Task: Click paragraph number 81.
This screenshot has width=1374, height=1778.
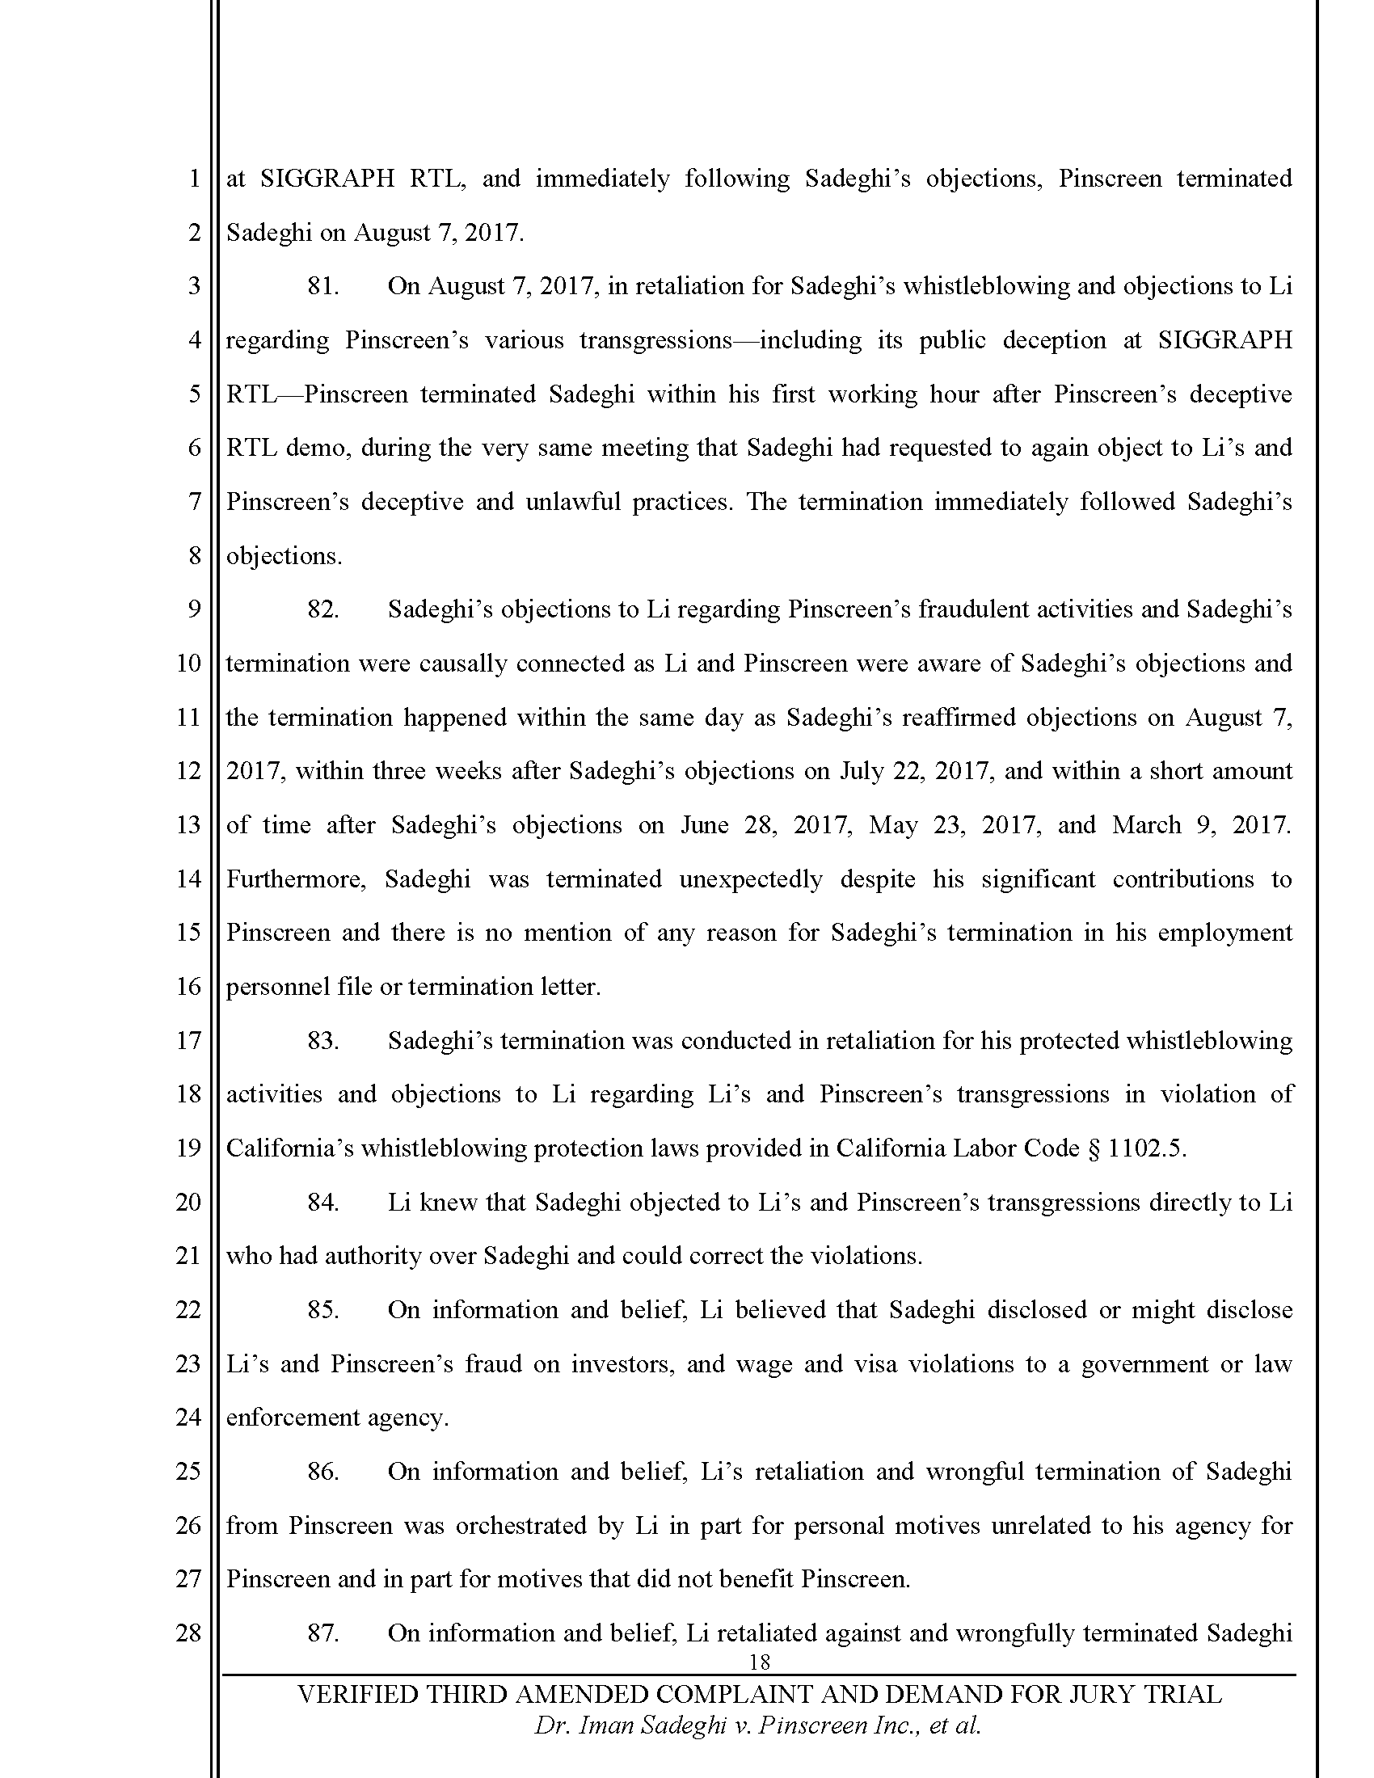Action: (x=322, y=287)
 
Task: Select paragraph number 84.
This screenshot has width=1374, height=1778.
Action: (x=322, y=1203)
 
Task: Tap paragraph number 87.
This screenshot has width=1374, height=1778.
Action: (x=322, y=1633)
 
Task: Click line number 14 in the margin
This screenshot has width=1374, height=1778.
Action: (x=189, y=879)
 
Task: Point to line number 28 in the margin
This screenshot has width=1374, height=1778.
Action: (x=189, y=1633)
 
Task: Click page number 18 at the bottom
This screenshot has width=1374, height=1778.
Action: (x=759, y=1662)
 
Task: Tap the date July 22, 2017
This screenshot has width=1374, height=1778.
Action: (x=916, y=771)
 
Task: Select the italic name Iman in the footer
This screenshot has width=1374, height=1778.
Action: (x=605, y=1726)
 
